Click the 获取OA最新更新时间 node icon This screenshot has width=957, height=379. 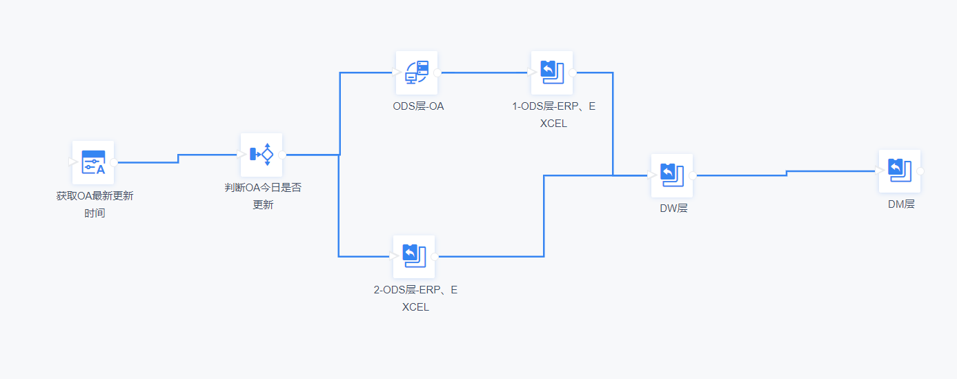click(93, 162)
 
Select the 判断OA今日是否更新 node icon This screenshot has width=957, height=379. click(262, 155)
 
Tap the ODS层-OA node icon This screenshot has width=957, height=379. click(417, 72)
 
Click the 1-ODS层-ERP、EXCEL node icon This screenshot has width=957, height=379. click(552, 72)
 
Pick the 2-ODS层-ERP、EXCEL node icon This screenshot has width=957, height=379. click(414, 256)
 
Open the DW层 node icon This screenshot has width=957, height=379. click(672, 175)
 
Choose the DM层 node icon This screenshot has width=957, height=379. click(900, 171)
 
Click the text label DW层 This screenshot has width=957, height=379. click(673, 208)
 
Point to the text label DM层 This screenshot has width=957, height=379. click(902, 204)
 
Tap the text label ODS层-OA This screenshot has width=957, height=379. click(418, 106)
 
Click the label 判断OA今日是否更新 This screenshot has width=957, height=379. click(263, 195)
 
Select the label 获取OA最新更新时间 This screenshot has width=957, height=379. click(95, 204)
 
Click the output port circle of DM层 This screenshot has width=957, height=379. click(920, 171)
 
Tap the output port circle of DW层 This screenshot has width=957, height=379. click(693, 175)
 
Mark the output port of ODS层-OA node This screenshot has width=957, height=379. click(437, 72)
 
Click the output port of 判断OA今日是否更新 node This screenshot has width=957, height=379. click(282, 155)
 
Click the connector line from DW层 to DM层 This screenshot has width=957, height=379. click(787, 173)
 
